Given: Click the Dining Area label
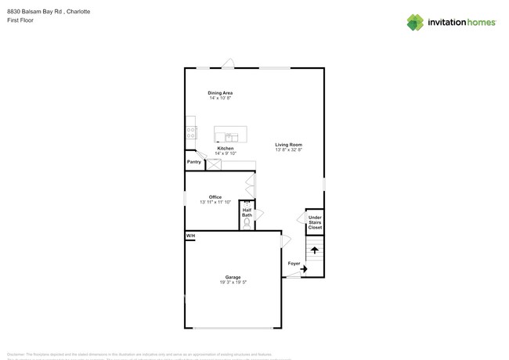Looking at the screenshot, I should coord(220,93).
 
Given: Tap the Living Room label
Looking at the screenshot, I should coord(288,145).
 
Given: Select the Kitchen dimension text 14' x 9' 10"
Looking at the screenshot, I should coord(225,153).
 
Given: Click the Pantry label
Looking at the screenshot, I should coord(194,162).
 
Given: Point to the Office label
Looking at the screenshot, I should coord(215,197).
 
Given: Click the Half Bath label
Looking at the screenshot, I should coord(247,212).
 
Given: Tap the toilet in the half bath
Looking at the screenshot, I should coord(247,222).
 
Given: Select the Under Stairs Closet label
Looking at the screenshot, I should coord(315,222).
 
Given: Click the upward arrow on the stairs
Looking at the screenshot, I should coord(315,250).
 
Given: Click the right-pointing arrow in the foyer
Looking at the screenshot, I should coord(303,269).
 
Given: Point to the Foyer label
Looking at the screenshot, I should coord(294,264).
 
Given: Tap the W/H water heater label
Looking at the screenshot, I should coord(190,236).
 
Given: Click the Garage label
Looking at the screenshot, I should coord(233,277).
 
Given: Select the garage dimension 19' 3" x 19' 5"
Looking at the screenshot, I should coord(233,283).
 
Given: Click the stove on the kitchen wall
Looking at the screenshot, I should coord(190,133).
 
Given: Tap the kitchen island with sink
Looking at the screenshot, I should coord(230,135).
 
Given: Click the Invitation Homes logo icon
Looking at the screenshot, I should coord(415,23).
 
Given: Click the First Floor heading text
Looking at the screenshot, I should coord(20,20).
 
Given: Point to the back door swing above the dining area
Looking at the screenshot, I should coord(228,63).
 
